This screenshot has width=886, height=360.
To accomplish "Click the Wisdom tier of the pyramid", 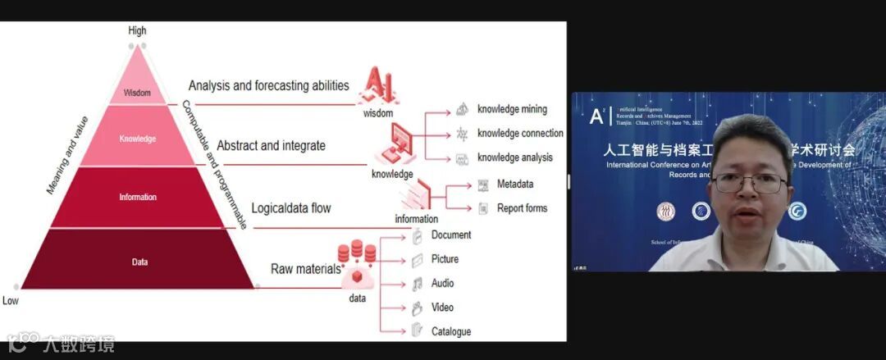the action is pyautogui.click(x=137, y=93).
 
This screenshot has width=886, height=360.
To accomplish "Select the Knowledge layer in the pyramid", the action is pyautogui.click(x=137, y=139).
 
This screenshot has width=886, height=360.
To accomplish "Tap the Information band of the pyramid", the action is pyautogui.click(x=137, y=197).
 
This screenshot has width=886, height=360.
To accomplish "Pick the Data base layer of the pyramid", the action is pyautogui.click(x=139, y=262).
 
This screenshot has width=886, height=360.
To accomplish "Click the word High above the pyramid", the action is pyautogui.click(x=137, y=30).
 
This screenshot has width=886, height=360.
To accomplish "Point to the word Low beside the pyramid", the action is pyautogui.click(x=11, y=301).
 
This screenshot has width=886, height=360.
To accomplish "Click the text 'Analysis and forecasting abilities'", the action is pyautogui.click(x=268, y=85).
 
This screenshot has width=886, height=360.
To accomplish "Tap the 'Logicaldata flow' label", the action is pyautogui.click(x=290, y=208).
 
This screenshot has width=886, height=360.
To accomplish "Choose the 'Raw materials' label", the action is pyautogui.click(x=305, y=268).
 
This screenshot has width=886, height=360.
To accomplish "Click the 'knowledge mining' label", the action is pyautogui.click(x=512, y=109).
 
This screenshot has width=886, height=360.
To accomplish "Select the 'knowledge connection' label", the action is pyautogui.click(x=520, y=133).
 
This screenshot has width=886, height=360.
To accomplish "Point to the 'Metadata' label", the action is pyautogui.click(x=515, y=184).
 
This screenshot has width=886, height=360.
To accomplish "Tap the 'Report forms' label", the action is pyautogui.click(x=522, y=208).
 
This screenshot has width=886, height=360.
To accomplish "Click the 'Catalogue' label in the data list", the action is pyautogui.click(x=451, y=331).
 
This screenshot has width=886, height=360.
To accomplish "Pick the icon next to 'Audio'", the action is pyautogui.click(x=418, y=284).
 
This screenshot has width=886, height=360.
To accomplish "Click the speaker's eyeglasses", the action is pyautogui.click(x=749, y=184).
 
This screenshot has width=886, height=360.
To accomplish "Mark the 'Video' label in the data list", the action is pyautogui.click(x=443, y=308).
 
